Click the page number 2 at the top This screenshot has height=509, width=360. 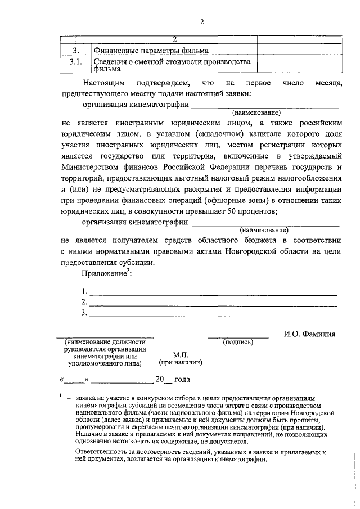(201, 22)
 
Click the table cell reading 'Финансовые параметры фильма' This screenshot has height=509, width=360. (151, 51)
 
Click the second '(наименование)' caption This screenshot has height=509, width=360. (264, 230)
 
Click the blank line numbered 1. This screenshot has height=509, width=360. (213, 292)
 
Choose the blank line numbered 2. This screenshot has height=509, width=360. (213, 303)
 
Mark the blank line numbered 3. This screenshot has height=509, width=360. (213, 314)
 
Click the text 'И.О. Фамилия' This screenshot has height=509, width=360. (309, 334)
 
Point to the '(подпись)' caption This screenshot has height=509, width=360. (238, 341)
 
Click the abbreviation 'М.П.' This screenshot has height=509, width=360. (181, 355)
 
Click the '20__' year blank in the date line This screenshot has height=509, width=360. (163, 379)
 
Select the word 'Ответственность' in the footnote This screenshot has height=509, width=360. (102, 452)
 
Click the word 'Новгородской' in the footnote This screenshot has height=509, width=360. (312, 412)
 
